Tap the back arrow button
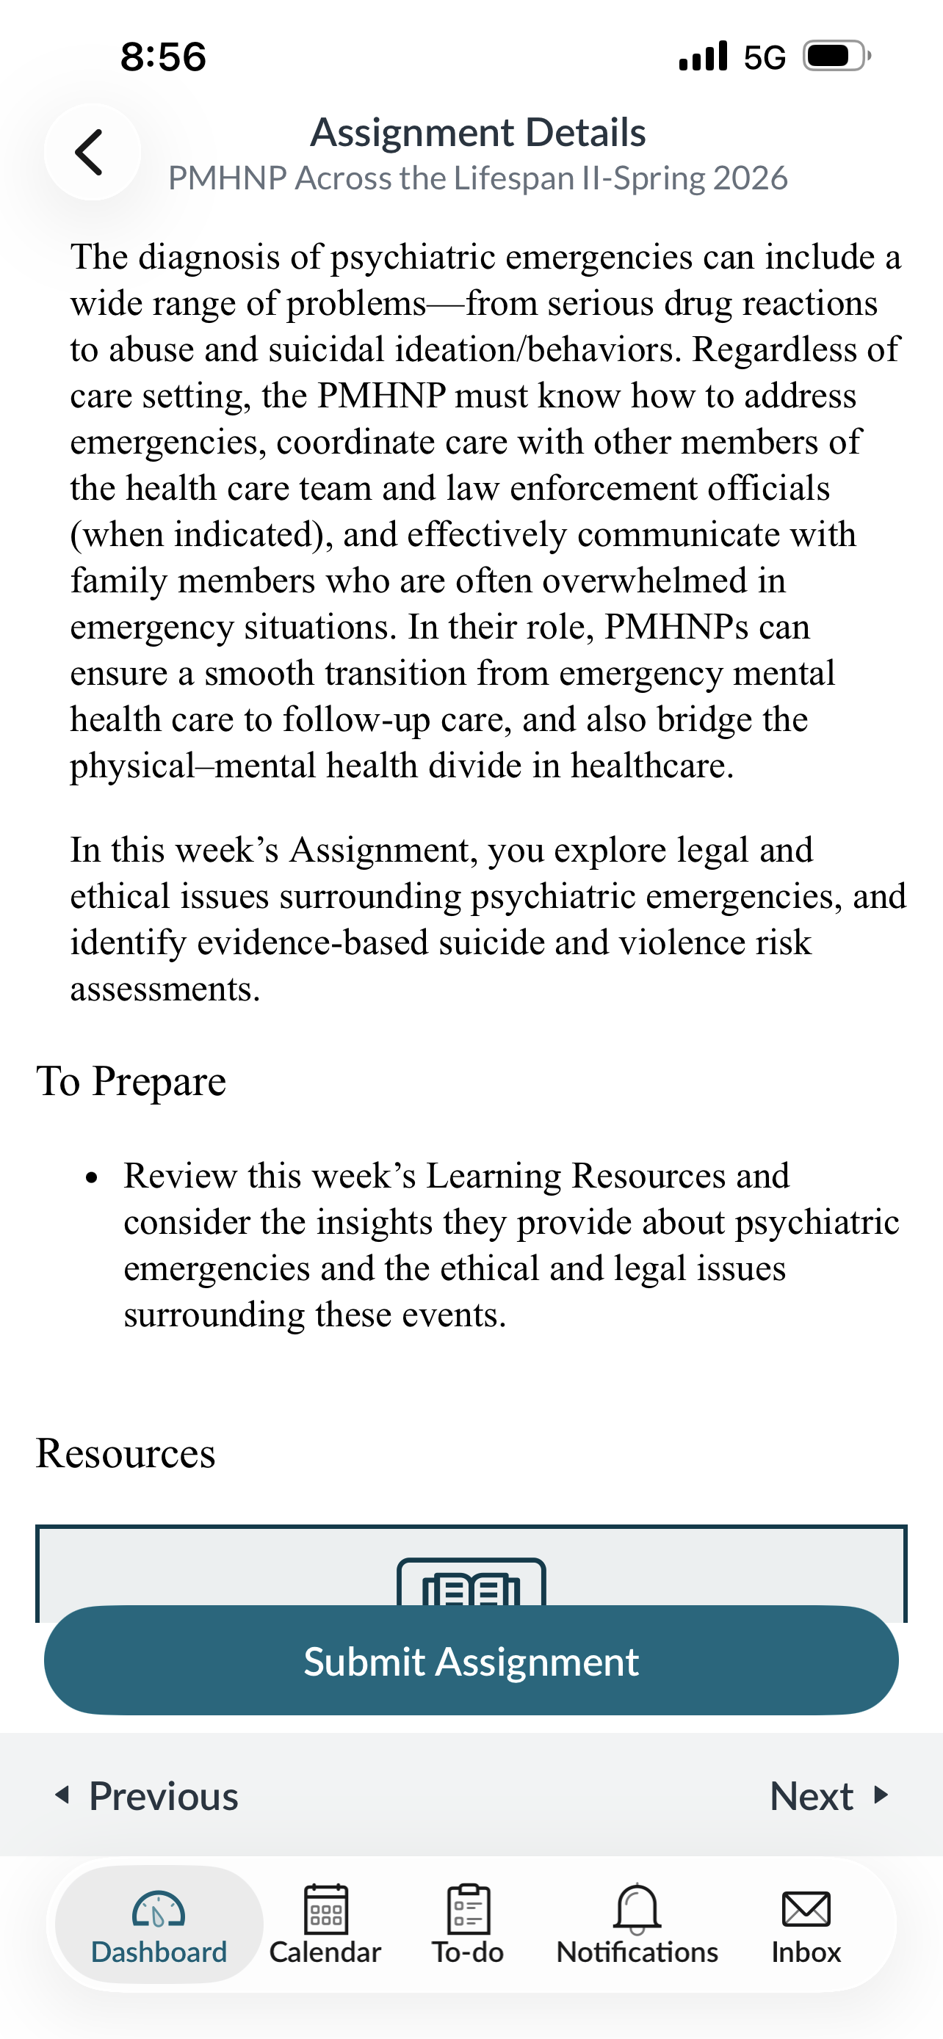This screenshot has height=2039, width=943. coord(91,152)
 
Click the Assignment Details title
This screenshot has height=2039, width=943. coord(477,132)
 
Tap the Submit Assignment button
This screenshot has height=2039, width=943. coord(471,1661)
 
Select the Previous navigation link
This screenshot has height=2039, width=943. coord(148,1796)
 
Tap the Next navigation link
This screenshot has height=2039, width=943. coord(828,1796)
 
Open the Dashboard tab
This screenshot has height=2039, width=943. coord(159,1924)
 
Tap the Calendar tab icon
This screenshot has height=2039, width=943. coord(325,1909)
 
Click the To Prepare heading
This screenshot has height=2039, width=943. coord(131,1081)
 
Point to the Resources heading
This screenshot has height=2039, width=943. coord(126,1453)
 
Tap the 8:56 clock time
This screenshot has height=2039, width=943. coord(163,57)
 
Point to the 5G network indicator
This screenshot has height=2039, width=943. coord(764,57)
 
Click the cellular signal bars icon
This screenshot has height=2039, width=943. coord(703,57)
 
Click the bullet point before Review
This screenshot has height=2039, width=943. coord(92,1178)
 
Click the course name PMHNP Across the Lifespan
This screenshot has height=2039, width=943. coord(477,178)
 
